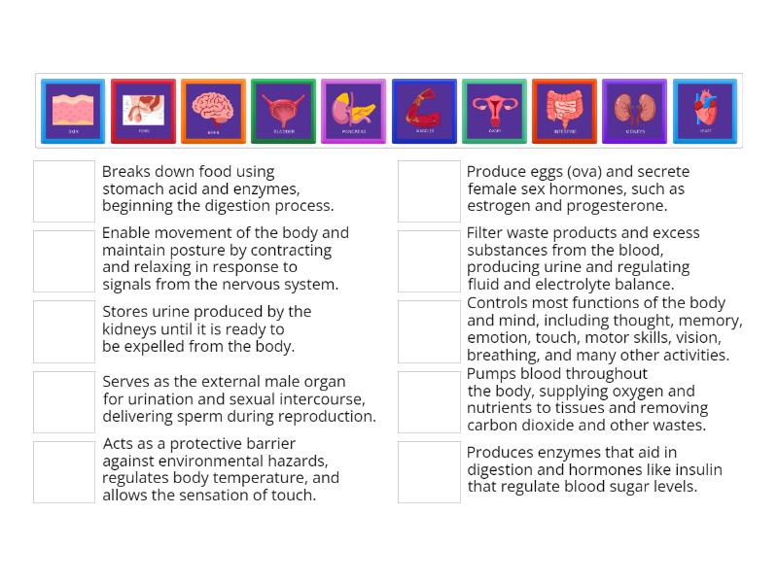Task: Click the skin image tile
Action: coord(73,111)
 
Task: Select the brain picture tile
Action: coord(213,111)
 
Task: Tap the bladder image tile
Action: coord(283,111)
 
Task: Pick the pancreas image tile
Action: coord(353,111)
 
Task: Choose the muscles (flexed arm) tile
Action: coord(424,111)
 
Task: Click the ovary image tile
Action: coord(494,111)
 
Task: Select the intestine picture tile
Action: coord(564,111)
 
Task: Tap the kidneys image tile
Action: coord(634,111)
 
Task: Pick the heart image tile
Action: coord(704,111)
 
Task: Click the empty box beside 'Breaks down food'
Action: coord(64,190)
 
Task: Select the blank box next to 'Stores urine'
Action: coord(64,331)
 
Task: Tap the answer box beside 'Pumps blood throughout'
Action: coord(429,401)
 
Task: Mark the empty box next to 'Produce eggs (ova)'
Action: coord(429,190)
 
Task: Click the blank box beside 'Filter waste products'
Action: coord(429,260)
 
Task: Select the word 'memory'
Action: coord(710,321)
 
